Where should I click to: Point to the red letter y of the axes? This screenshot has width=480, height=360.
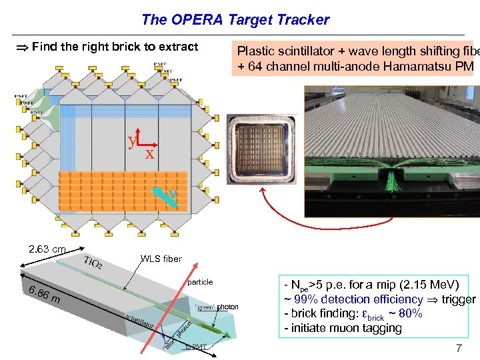click(x=133, y=140)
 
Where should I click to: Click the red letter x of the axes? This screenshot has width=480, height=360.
click(x=149, y=155)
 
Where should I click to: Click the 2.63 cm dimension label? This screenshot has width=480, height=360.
click(x=47, y=249)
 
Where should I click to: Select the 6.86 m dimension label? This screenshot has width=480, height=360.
click(x=42, y=294)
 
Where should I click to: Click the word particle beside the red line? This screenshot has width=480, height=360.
click(x=200, y=282)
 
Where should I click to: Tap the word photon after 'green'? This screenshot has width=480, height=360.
click(x=227, y=307)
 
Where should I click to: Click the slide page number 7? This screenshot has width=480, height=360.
click(x=458, y=348)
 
